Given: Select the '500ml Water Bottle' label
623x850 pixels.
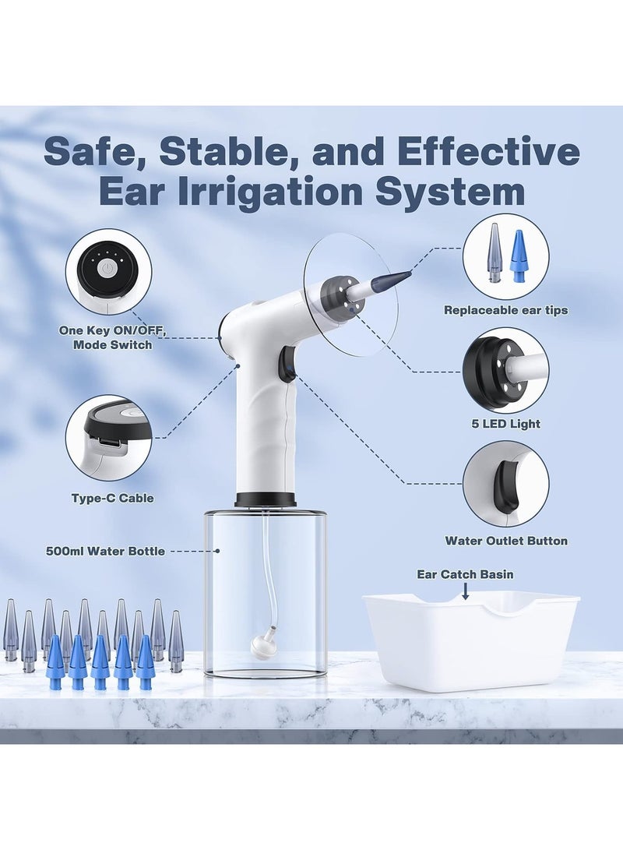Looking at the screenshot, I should tap(105, 551).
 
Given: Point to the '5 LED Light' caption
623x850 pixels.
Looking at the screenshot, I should tap(505, 424).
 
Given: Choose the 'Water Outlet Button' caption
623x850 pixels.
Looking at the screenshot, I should tap(505, 540).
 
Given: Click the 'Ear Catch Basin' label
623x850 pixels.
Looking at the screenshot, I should tap(465, 574).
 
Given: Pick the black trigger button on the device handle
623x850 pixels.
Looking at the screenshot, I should tap(287, 364).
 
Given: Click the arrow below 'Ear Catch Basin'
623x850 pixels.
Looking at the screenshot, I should tap(465, 592).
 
